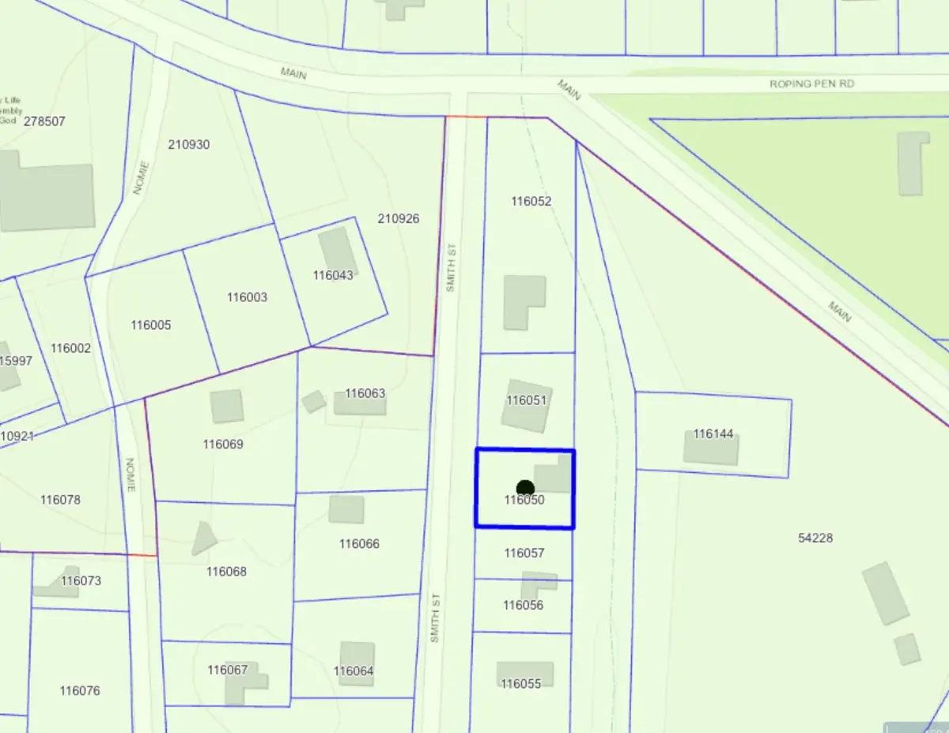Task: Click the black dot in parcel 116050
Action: pos(525,489)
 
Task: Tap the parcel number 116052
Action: pos(531,201)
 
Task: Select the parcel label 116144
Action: pos(713,433)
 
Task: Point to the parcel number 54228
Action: pos(815,538)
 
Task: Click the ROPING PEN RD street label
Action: pos(811,83)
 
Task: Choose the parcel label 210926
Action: pos(399,218)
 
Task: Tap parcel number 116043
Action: pos(333,275)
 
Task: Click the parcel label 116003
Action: pos(247,297)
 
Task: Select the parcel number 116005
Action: pos(151,325)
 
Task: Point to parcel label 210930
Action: pos(189,144)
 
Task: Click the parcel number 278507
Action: pos(44,121)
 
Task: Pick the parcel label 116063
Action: pos(365,393)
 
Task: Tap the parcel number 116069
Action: pos(223,444)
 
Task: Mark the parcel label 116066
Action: pos(359,543)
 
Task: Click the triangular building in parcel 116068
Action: pos(204,538)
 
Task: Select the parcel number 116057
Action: pos(524,553)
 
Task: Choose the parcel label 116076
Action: pos(80,690)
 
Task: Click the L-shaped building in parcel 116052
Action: pos(524,301)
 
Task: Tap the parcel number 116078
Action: pos(60,499)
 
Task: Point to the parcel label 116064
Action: pos(354,671)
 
